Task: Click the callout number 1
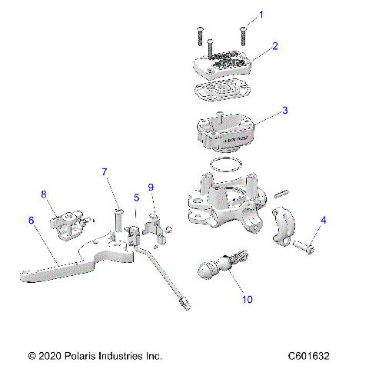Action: pyautogui.click(x=260, y=15)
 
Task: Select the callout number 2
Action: pyautogui.click(x=274, y=46)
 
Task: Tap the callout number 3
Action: pyautogui.click(x=284, y=111)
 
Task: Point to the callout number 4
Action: pyautogui.click(x=323, y=220)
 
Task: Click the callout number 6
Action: pyautogui.click(x=32, y=220)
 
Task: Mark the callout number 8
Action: pyautogui.click(x=44, y=194)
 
